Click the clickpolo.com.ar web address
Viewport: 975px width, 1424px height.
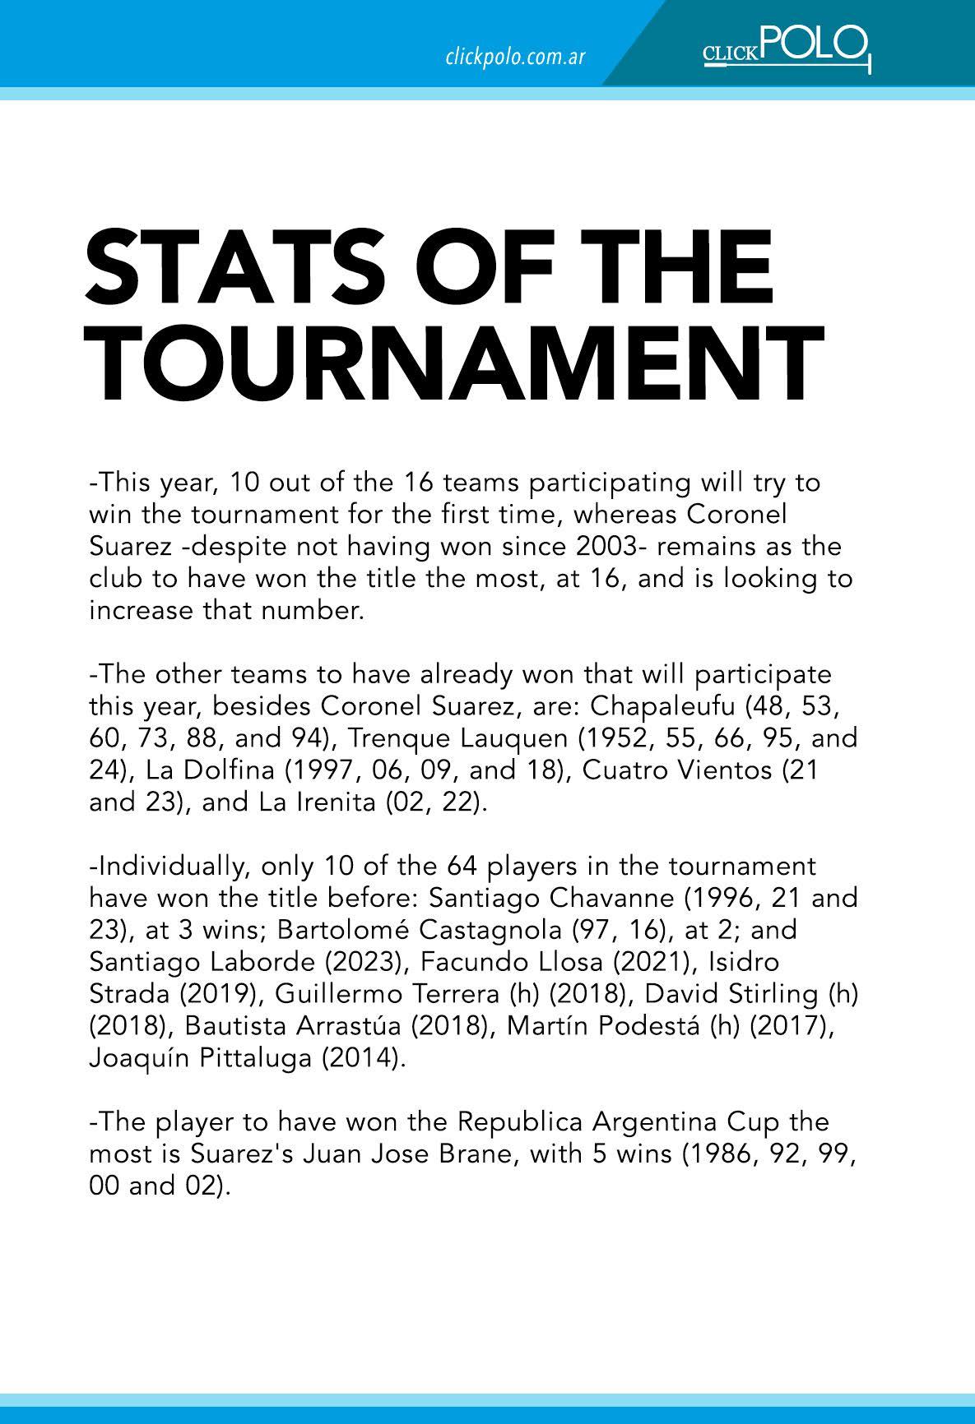point(514,58)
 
